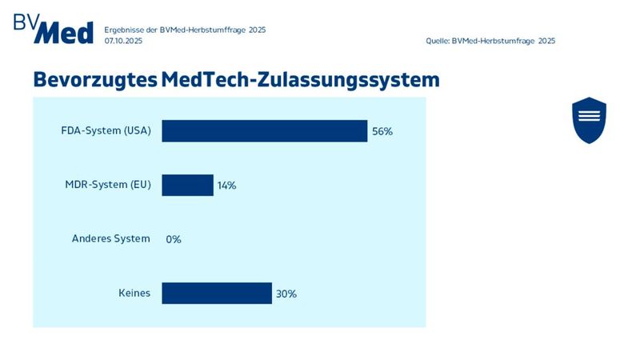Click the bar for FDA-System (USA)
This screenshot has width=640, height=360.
point(264,131)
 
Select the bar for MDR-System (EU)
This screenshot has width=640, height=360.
point(187,185)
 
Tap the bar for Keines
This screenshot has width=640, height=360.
point(217,293)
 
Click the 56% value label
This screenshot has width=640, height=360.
point(382,131)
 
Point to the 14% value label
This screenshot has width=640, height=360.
point(226,186)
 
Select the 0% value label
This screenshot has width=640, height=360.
point(174,239)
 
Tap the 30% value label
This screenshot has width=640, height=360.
point(286,294)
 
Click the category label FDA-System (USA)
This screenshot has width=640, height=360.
point(106,131)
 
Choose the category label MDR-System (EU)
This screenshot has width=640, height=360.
point(107,185)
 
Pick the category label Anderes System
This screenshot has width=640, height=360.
point(110,238)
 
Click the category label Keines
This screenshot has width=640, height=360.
point(134,293)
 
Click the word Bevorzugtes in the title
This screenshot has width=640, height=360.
point(94,80)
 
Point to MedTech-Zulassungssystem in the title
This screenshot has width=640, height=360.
point(300,80)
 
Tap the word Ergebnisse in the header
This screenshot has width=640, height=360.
point(124,30)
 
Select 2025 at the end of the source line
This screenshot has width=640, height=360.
point(546,40)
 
